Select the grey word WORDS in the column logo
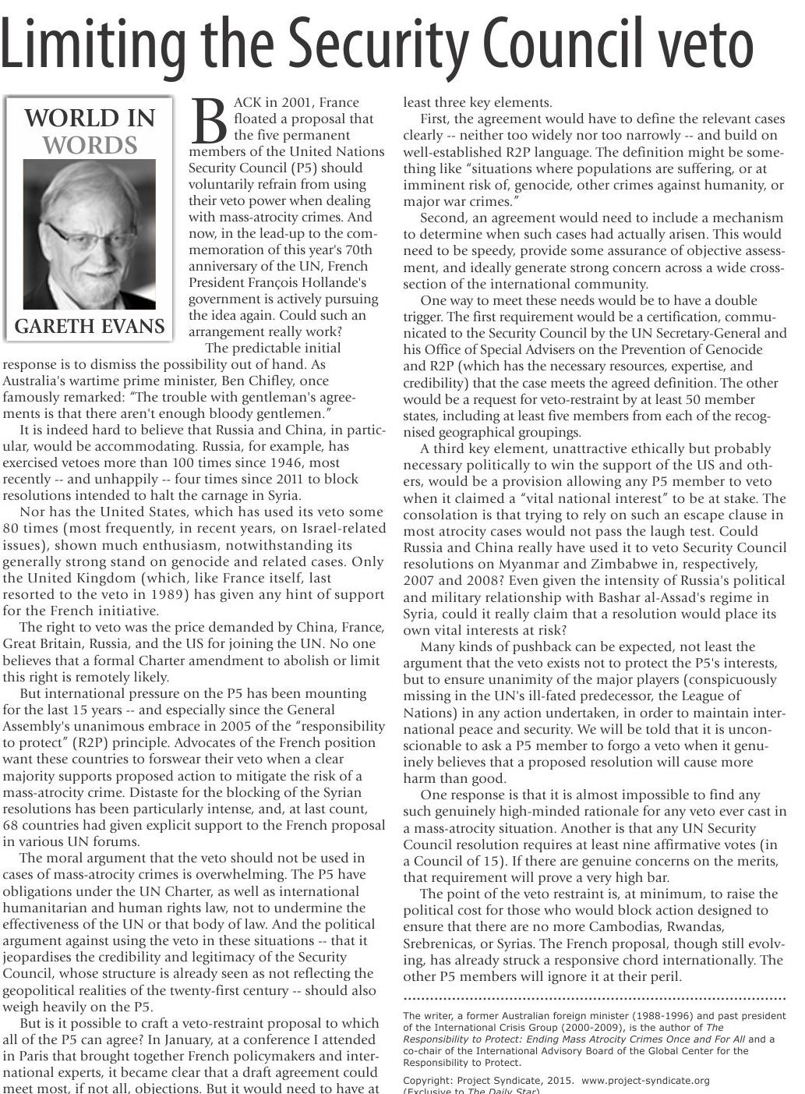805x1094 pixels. [x=90, y=146]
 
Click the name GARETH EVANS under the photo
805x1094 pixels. [x=90, y=326]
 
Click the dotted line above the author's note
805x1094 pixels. [x=595, y=998]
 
